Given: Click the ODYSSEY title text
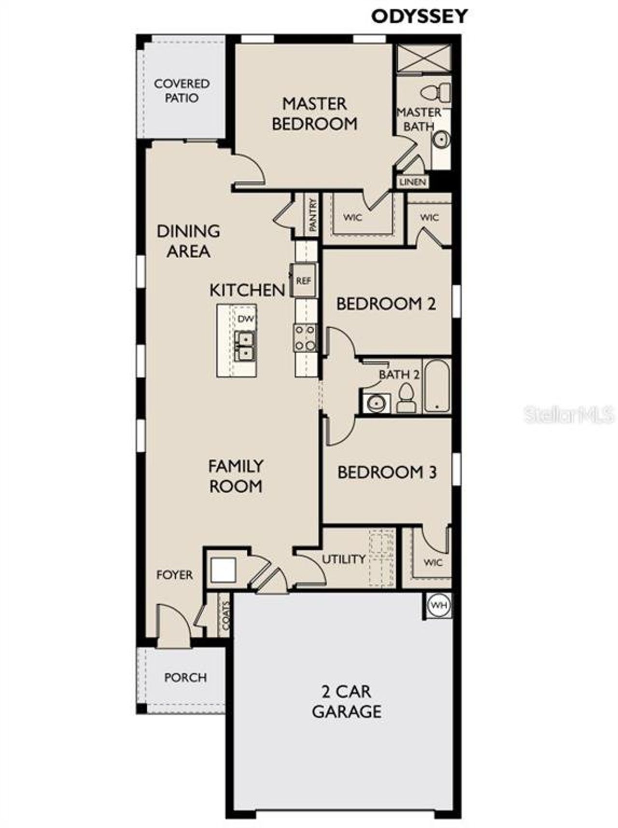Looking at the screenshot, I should coord(419,16).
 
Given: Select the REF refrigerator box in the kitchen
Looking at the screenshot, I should coord(303,280).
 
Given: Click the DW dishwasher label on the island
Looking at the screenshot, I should coord(245,319).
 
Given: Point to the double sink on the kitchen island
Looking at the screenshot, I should coord(245,346).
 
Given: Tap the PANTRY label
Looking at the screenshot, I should coord(313,215).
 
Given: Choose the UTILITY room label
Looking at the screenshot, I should coord(343,559).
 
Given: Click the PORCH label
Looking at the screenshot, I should coord(185,677).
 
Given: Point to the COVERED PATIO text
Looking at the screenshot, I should coord(182,91).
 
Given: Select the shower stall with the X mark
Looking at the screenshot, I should coord(423,58).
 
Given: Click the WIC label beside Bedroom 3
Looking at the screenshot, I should coord(433,563).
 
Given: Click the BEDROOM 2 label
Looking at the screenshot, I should coord(386,304).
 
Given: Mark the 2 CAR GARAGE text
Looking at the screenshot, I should coord(346,702).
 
